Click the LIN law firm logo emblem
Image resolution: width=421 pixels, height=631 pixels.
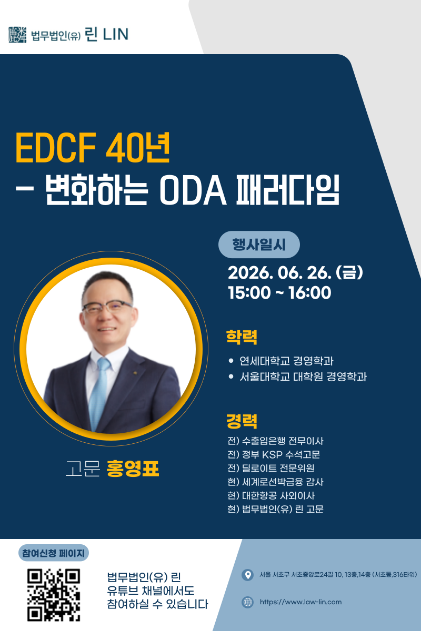point(17,35)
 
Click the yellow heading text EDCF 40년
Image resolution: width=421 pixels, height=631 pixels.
point(93,148)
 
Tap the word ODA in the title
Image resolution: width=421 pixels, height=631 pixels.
point(193,190)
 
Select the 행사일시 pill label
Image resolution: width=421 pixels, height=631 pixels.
point(259,245)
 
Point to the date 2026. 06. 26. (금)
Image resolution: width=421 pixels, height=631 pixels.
point(295,273)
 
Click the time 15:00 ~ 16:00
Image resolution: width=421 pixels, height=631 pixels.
point(279,292)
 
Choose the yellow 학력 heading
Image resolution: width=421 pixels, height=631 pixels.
point(242,337)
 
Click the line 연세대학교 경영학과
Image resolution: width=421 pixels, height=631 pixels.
point(286,361)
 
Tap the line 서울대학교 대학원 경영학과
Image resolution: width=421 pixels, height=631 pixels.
point(303,376)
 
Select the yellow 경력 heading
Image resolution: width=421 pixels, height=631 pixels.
point(242,421)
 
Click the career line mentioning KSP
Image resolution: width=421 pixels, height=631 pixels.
point(274,454)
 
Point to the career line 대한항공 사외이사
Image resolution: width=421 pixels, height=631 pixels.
point(271,495)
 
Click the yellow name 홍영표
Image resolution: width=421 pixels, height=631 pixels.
point(133,469)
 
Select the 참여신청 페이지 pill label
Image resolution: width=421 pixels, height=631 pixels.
point(54,553)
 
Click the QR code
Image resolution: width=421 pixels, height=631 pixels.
point(54,595)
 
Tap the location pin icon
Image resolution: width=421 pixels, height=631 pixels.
point(247,575)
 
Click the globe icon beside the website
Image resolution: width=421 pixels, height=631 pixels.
point(247,602)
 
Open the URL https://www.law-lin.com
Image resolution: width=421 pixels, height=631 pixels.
point(300,602)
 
